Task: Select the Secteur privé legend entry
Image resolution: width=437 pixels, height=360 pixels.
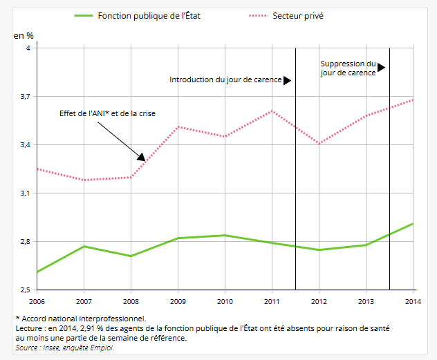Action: click(x=299, y=15)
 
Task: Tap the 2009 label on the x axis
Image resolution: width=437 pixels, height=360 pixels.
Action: click(x=178, y=301)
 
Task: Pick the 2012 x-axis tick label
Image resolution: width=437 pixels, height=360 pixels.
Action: click(x=319, y=301)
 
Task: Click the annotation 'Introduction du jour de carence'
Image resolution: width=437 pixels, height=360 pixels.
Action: click(x=225, y=79)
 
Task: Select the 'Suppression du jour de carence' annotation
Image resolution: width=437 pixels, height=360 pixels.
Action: click(x=348, y=68)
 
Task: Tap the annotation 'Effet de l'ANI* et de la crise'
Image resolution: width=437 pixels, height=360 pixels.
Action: click(x=108, y=113)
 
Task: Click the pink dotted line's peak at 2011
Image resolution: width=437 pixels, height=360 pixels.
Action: click(x=272, y=111)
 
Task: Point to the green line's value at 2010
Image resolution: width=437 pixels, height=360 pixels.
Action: click(x=225, y=235)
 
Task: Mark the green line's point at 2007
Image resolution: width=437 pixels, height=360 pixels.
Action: click(x=84, y=246)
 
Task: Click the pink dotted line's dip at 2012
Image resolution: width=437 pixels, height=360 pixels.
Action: click(x=319, y=143)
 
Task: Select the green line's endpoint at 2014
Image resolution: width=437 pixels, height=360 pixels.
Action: click(x=413, y=223)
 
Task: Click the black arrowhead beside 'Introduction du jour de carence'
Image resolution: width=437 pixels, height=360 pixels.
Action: click(x=287, y=80)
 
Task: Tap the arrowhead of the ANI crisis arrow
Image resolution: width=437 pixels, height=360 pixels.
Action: click(x=142, y=158)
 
